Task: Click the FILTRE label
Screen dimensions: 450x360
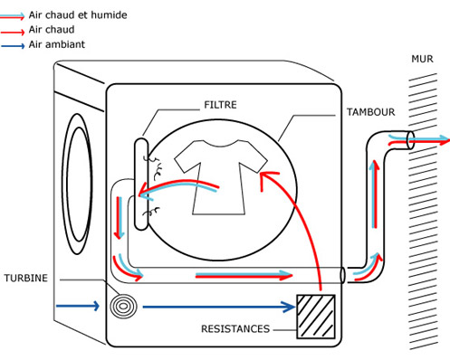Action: (x=220, y=105)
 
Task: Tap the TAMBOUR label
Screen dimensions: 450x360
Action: (x=370, y=112)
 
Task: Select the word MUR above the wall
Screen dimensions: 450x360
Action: (x=422, y=59)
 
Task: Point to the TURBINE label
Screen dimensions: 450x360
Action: (x=26, y=278)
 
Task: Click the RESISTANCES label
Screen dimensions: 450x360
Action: (x=235, y=328)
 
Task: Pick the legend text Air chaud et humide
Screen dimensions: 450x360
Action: (x=78, y=15)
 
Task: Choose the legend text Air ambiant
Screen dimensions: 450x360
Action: (x=57, y=44)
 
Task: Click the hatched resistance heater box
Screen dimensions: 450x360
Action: (x=316, y=317)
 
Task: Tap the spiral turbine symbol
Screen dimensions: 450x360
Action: (x=123, y=306)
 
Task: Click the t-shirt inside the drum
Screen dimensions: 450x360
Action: (x=221, y=177)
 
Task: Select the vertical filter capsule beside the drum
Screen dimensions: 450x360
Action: (x=141, y=184)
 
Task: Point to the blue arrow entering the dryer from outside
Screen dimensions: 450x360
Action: (x=78, y=306)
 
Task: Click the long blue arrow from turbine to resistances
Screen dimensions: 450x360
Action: (x=219, y=307)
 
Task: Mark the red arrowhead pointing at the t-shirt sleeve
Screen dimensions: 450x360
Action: (x=268, y=179)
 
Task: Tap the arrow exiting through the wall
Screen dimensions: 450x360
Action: (x=419, y=140)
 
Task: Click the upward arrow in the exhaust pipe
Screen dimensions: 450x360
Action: (x=375, y=194)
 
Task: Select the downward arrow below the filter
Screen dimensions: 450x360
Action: (x=120, y=218)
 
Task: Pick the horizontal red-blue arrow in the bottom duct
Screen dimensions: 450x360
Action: (x=244, y=275)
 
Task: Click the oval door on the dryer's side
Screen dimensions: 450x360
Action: (x=78, y=184)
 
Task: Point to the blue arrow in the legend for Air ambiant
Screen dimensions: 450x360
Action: (x=13, y=46)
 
